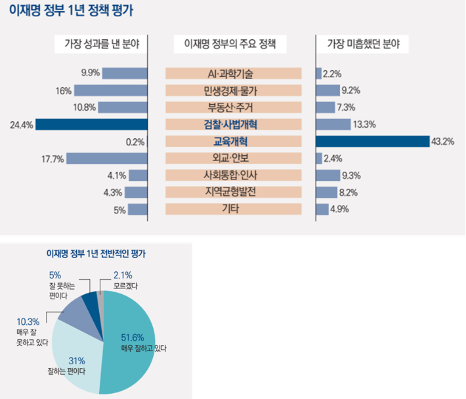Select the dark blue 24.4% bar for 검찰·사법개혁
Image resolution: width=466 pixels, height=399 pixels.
[92, 124]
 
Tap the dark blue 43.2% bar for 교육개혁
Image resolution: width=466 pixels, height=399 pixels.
[371, 141]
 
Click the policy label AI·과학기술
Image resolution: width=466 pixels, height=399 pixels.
[234, 73]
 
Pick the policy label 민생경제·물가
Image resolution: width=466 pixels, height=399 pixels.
[234, 90]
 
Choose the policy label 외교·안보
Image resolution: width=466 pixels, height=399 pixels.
[234, 158]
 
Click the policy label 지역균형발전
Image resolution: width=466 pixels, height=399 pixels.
[234, 192]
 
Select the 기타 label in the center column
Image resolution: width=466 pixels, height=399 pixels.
[234, 209]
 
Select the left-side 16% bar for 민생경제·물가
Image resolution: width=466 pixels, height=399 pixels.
[110, 90]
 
